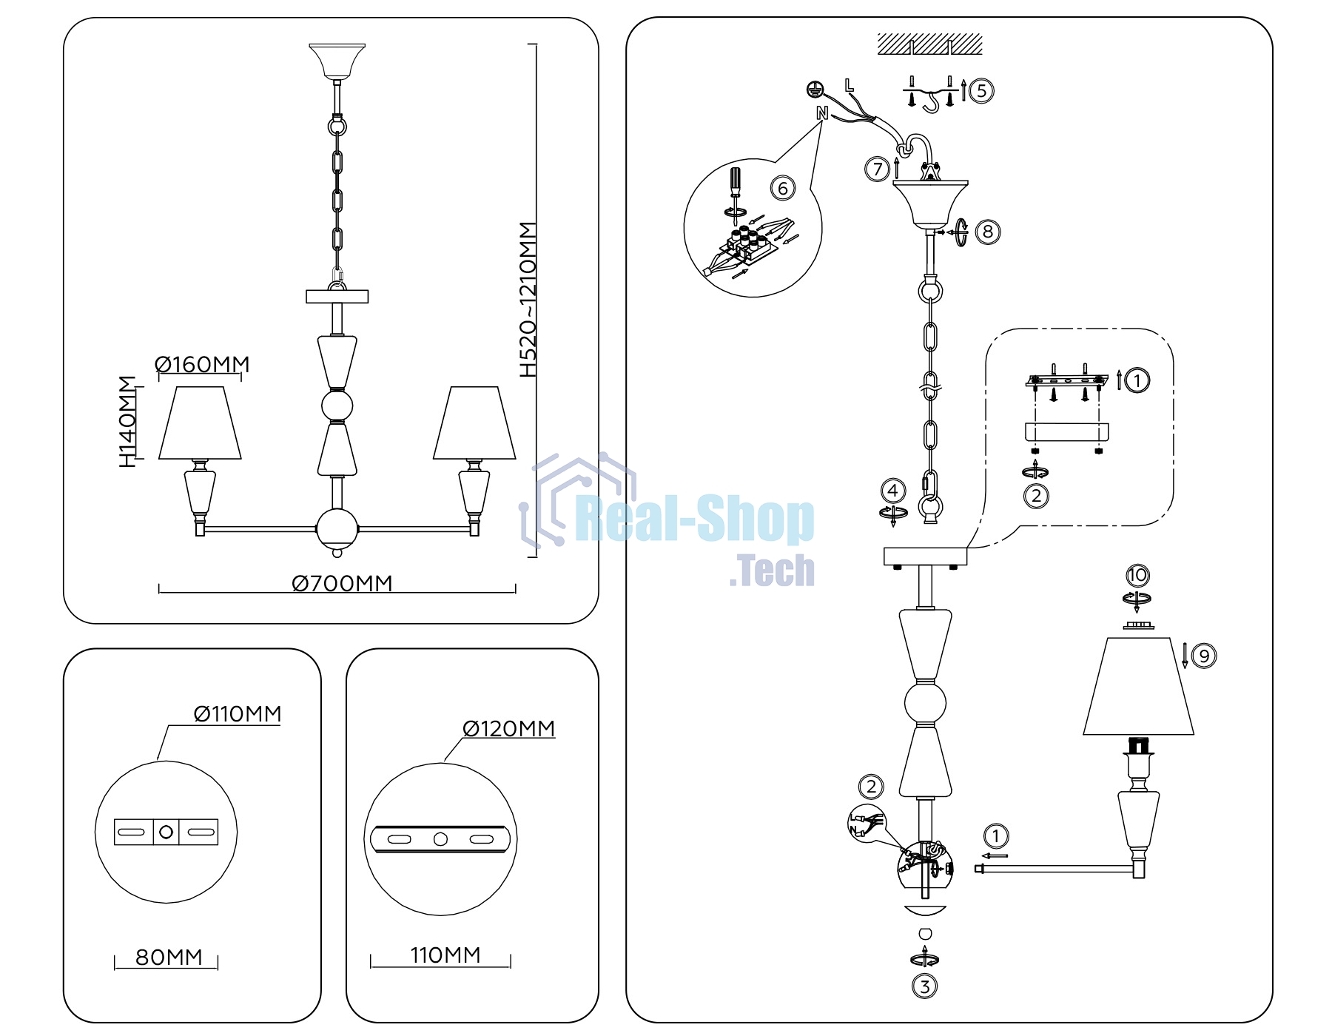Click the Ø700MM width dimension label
(342, 583)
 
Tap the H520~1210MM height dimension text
(528, 300)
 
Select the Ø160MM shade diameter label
(202, 365)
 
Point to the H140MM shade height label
(128, 422)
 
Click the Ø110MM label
(238, 714)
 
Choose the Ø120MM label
(508, 729)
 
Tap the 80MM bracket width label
(169, 958)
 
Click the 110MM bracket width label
(445, 955)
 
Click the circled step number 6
(783, 188)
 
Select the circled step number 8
(988, 232)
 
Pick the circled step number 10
(1137, 575)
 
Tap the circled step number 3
(924, 986)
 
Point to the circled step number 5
(981, 91)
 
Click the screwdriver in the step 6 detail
(735, 191)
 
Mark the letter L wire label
(849, 86)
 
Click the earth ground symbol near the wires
(815, 90)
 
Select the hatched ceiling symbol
(929, 44)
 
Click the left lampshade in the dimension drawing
(200, 423)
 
